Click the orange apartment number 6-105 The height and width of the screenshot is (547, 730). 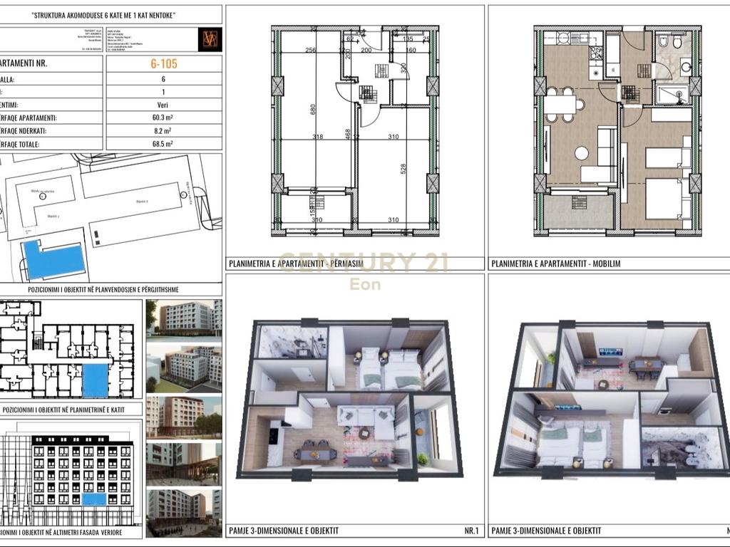point(164,63)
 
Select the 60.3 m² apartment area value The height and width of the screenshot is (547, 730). point(164,118)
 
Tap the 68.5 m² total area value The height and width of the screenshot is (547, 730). point(164,144)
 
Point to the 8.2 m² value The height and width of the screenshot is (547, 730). point(164,131)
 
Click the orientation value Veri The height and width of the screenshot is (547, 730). point(164,105)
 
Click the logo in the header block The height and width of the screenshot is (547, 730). point(210,39)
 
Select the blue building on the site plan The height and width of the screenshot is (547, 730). point(53,260)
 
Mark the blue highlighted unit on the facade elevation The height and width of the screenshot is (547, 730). point(93,499)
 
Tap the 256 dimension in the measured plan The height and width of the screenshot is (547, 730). point(310,50)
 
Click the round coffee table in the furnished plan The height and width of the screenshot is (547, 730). point(582,152)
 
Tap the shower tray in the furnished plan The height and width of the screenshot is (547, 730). point(672,93)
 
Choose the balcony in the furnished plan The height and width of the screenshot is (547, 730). point(577,212)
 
